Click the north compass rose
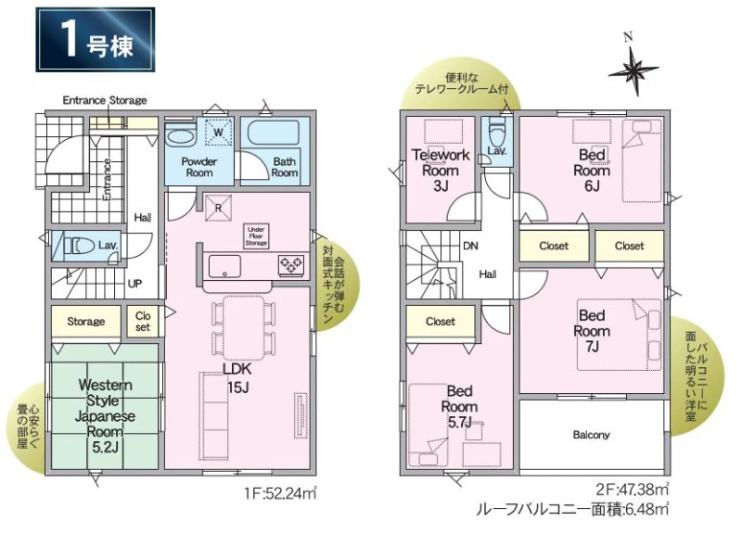pos(633,71)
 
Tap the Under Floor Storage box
pos(256,236)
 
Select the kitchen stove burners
pos(290,265)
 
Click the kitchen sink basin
pos(224,266)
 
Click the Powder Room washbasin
pos(181,135)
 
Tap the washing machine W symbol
pos(218,132)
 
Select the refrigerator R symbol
pos(218,208)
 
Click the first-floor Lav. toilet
pos(79,246)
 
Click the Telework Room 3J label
pos(440,171)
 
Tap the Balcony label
pos(591,435)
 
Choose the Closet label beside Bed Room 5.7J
pos(440,322)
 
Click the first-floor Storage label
pos(85,322)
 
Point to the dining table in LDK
pos(244,328)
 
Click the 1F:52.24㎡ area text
pos(280,494)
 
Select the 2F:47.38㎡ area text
pos(633,489)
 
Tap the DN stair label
pos(470,246)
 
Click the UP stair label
pos(134,284)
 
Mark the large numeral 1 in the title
pos(70,40)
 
